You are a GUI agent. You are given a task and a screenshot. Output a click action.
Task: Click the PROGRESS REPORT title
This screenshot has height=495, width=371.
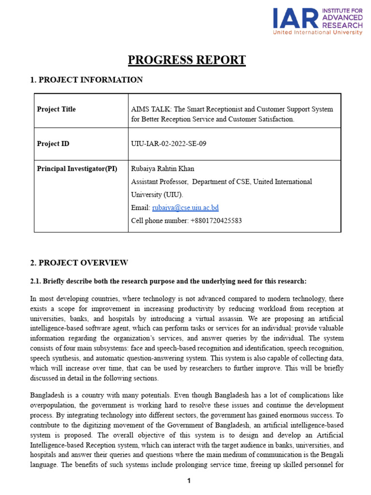[x=186, y=60]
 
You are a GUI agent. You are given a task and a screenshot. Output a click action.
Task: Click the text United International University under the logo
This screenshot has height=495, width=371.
[x=317, y=32]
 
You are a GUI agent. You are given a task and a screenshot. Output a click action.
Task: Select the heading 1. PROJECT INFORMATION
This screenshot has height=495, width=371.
[x=86, y=80]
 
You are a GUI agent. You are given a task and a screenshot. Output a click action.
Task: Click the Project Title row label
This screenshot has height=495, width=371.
[x=57, y=109]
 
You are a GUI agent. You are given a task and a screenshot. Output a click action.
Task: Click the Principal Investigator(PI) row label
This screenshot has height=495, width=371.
[x=77, y=169]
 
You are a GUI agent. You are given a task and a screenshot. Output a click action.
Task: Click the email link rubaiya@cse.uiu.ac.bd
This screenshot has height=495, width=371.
[x=185, y=208]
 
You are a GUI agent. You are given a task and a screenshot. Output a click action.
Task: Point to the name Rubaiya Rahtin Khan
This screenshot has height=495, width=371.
[x=163, y=169]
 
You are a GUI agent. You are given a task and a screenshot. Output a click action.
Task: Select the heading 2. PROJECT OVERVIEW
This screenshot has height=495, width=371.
[x=79, y=263]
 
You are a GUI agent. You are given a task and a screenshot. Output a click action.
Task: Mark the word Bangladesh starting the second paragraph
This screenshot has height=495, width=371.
[x=48, y=396]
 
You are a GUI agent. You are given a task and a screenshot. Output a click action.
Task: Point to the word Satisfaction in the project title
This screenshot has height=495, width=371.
[x=275, y=119]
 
